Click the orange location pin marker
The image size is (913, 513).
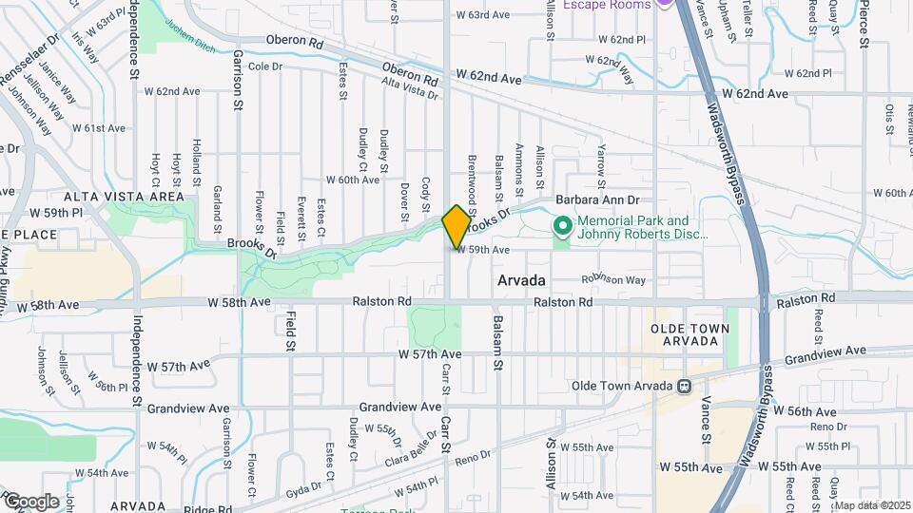tap(456, 226)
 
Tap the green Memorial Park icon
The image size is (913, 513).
tap(562, 227)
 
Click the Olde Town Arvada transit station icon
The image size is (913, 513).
tap(683, 387)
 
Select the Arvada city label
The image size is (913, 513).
tap(521, 281)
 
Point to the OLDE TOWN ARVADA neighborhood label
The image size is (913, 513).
tap(688, 334)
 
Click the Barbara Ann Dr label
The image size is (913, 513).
tap(598, 200)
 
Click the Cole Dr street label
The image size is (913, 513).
tap(264, 66)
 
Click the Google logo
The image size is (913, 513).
tap(30, 502)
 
